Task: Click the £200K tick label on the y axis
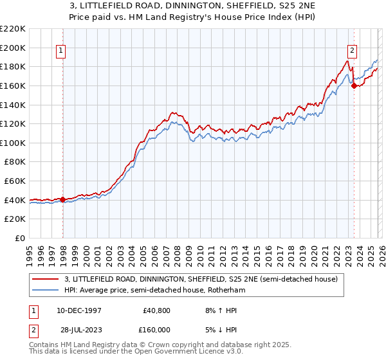point(13,48)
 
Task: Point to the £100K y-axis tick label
point(13,143)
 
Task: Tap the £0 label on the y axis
point(19,238)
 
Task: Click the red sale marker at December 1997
point(62,199)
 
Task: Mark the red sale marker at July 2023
point(354,85)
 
